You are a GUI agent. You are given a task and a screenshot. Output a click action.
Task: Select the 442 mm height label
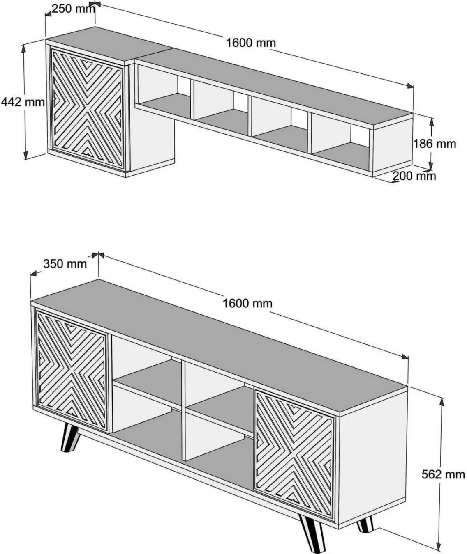coord(23,102)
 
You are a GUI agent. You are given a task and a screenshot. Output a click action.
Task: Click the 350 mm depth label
coord(65,263)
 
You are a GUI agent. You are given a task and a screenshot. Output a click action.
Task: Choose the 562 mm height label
coord(443,474)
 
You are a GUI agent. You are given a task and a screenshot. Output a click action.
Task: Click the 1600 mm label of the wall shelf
coord(251,42)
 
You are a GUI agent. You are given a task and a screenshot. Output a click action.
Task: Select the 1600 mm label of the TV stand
coord(247,303)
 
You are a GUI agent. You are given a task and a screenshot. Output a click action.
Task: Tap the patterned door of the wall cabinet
coord(87,108)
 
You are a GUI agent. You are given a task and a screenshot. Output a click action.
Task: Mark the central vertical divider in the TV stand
coord(184,410)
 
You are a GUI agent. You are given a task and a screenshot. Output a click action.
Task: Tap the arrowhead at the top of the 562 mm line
coord(442,400)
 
